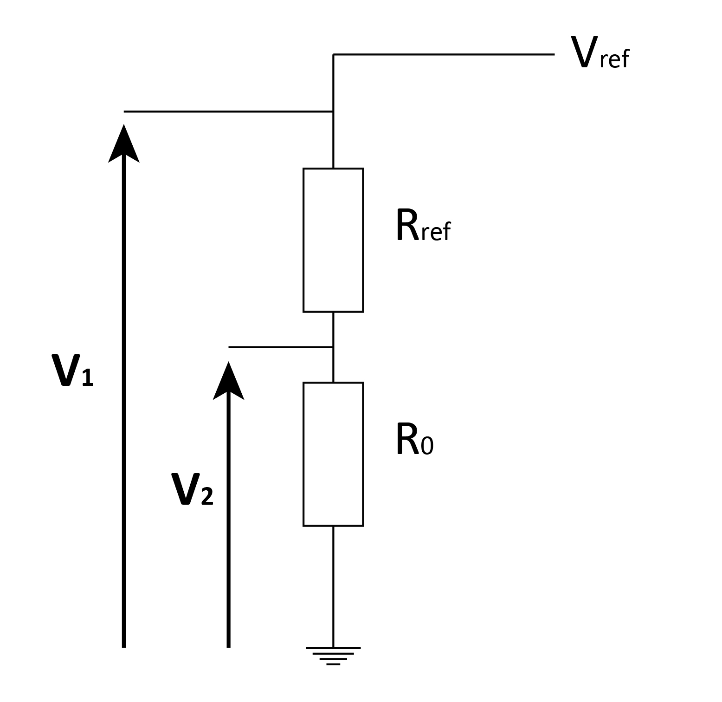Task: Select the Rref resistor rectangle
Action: click(333, 240)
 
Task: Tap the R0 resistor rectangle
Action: click(333, 454)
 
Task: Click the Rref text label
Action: click(423, 226)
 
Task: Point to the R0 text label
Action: click(414, 440)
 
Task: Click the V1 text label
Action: click(72, 371)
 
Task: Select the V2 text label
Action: click(192, 489)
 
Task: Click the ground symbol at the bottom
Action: click(333, 655)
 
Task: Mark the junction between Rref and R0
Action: click(333, 347)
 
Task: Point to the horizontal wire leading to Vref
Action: click(443, 55)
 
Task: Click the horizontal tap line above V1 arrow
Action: click(227, 111)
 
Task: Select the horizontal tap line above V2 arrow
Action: click(280, 347)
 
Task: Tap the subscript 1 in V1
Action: click(87, 377)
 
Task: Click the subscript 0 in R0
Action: click(427, 446)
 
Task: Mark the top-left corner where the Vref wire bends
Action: click(333, 55)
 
